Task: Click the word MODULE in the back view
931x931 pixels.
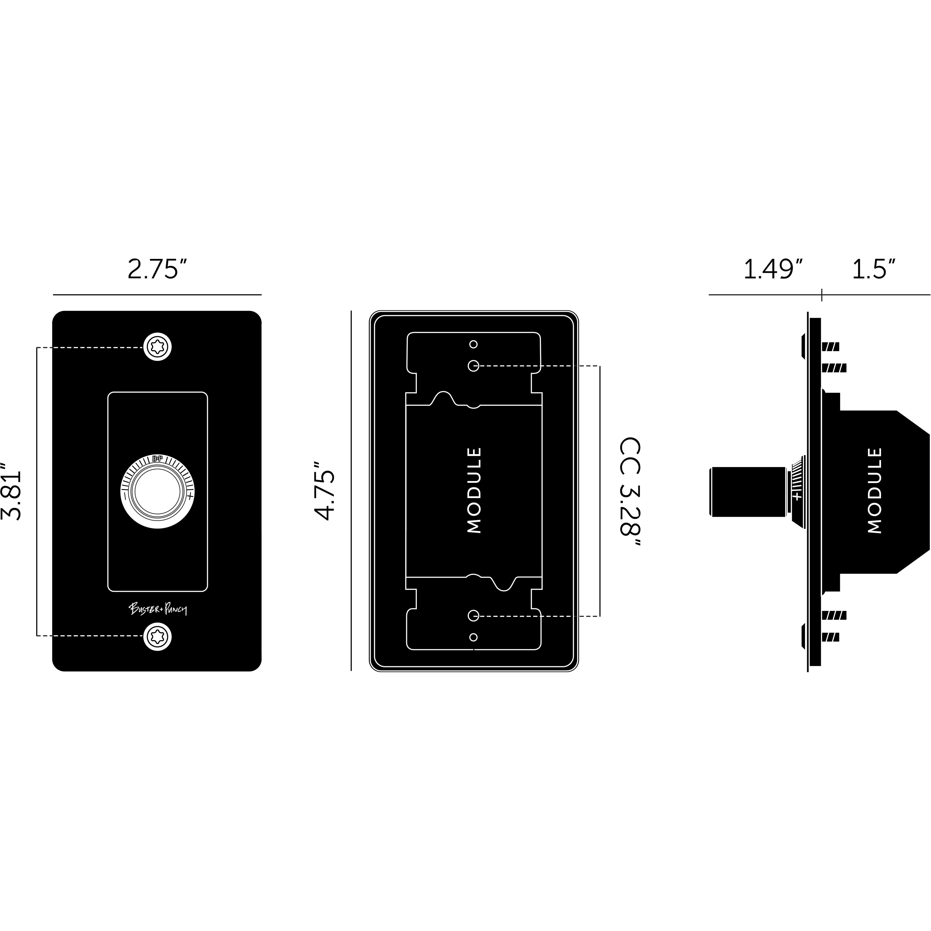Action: pyautogui.click(x=474, y=490)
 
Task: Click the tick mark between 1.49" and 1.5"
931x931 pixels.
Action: pyautogui.click(x=822, y=294)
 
